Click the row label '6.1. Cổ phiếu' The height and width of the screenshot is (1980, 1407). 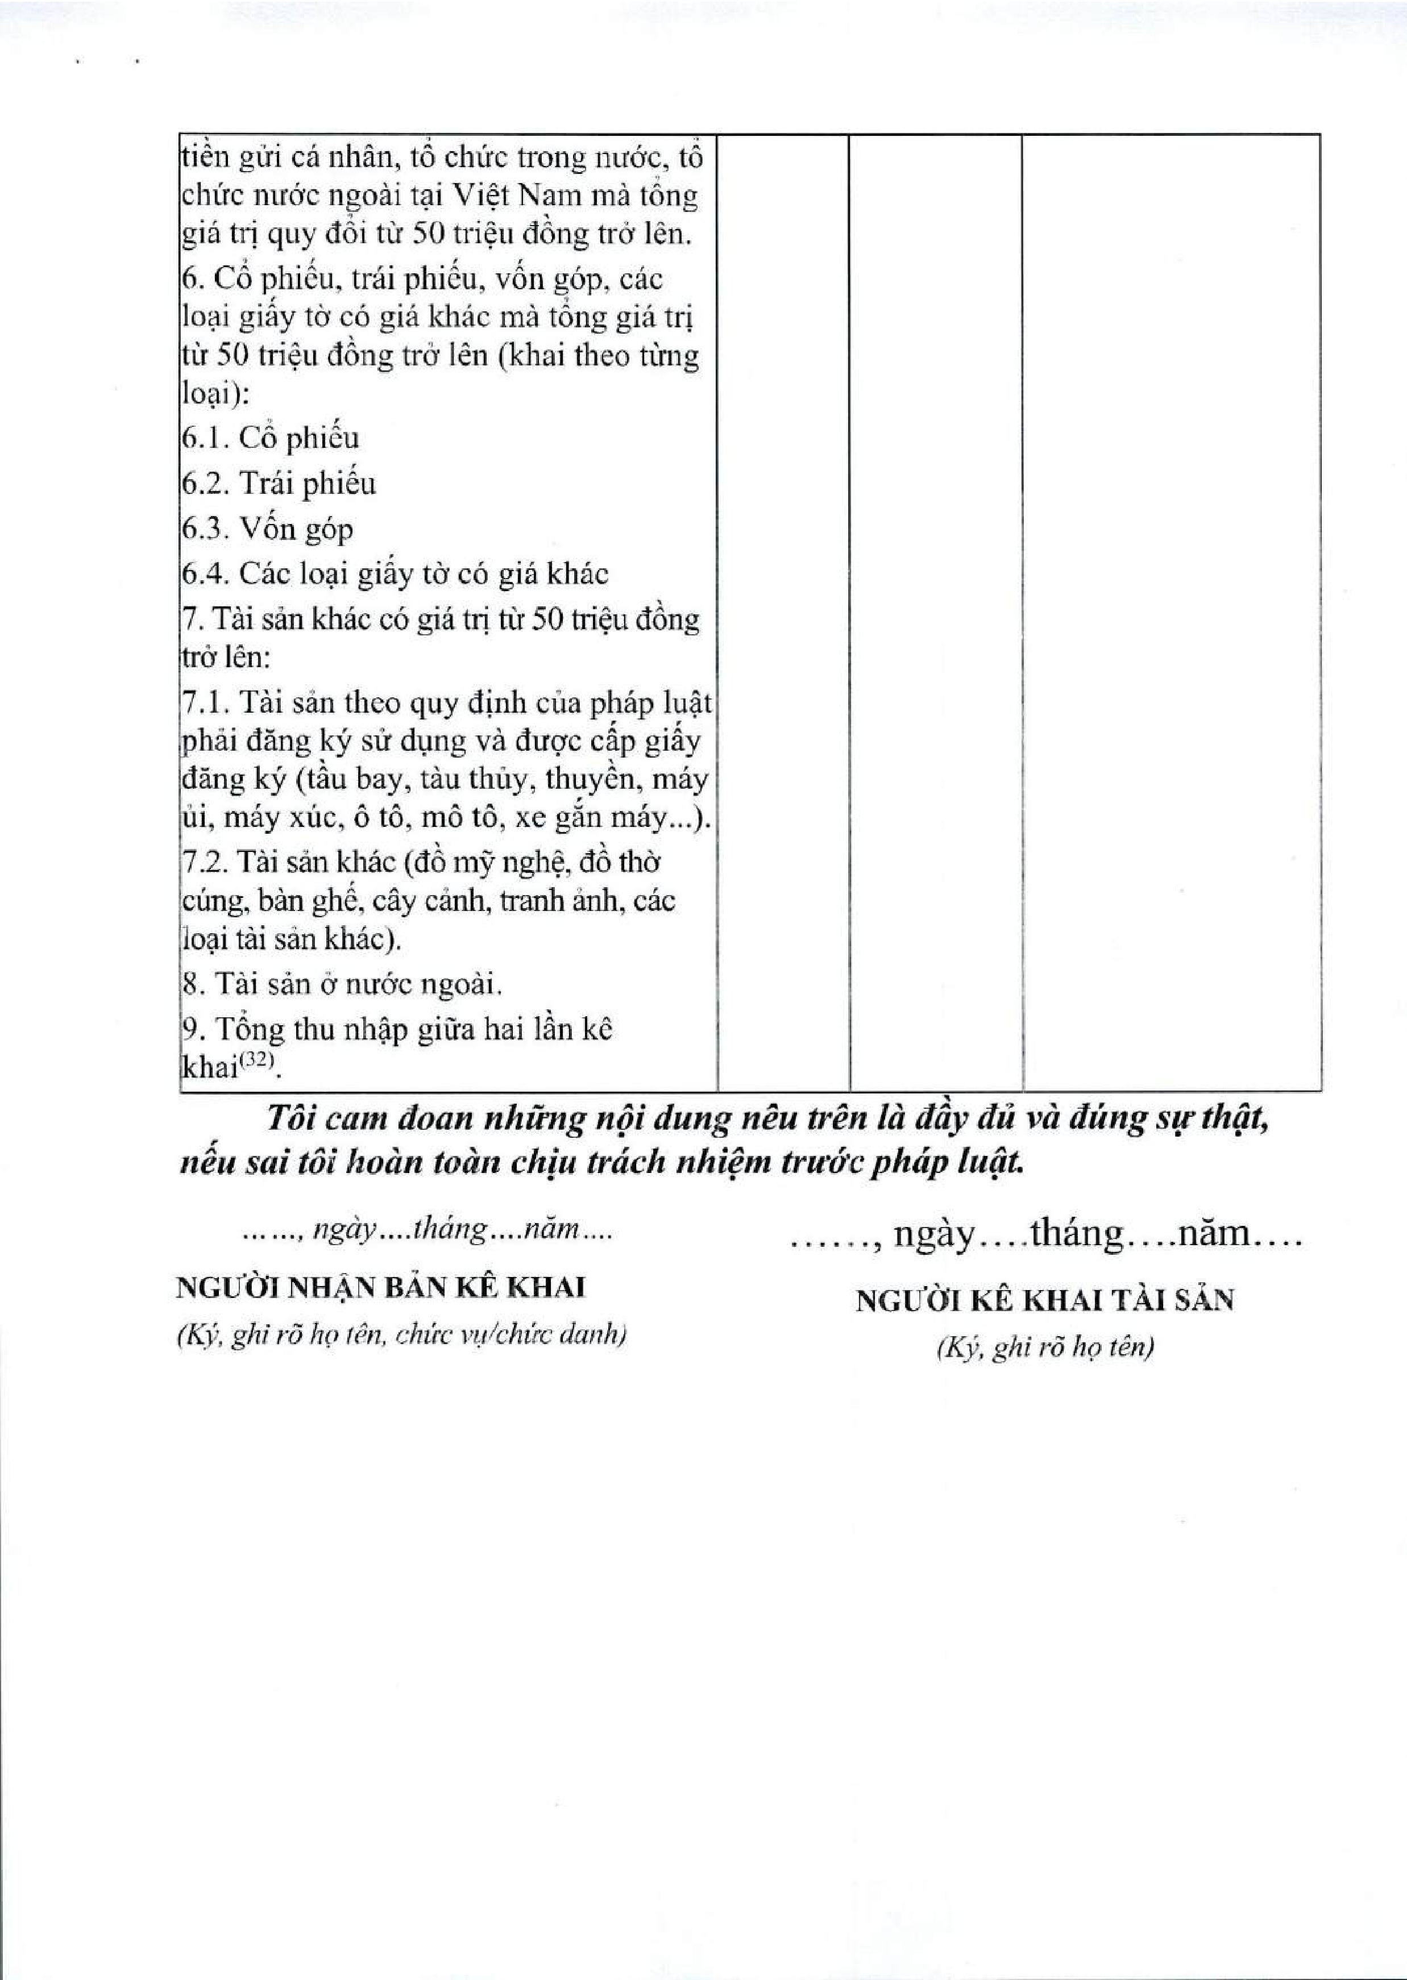click(x=269, y=438)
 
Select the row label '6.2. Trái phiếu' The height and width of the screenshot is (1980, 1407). click(x=278, y=483)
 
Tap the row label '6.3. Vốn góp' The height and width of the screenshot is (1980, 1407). click(x=267, y=529)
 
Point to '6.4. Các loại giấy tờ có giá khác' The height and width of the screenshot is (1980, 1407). click(x=394, y=574)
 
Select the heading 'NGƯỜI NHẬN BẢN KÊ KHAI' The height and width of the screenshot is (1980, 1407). click(x=380, y=1288)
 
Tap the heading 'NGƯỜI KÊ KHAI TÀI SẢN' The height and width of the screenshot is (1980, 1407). click(x=1045, y=1300)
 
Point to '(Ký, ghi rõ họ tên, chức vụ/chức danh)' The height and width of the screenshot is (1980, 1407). click(x=401, y=1336)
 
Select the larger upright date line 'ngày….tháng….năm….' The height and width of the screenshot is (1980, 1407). click(x=1045, y=1234)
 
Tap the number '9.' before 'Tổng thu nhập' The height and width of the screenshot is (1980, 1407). click(x=192, y=1030)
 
